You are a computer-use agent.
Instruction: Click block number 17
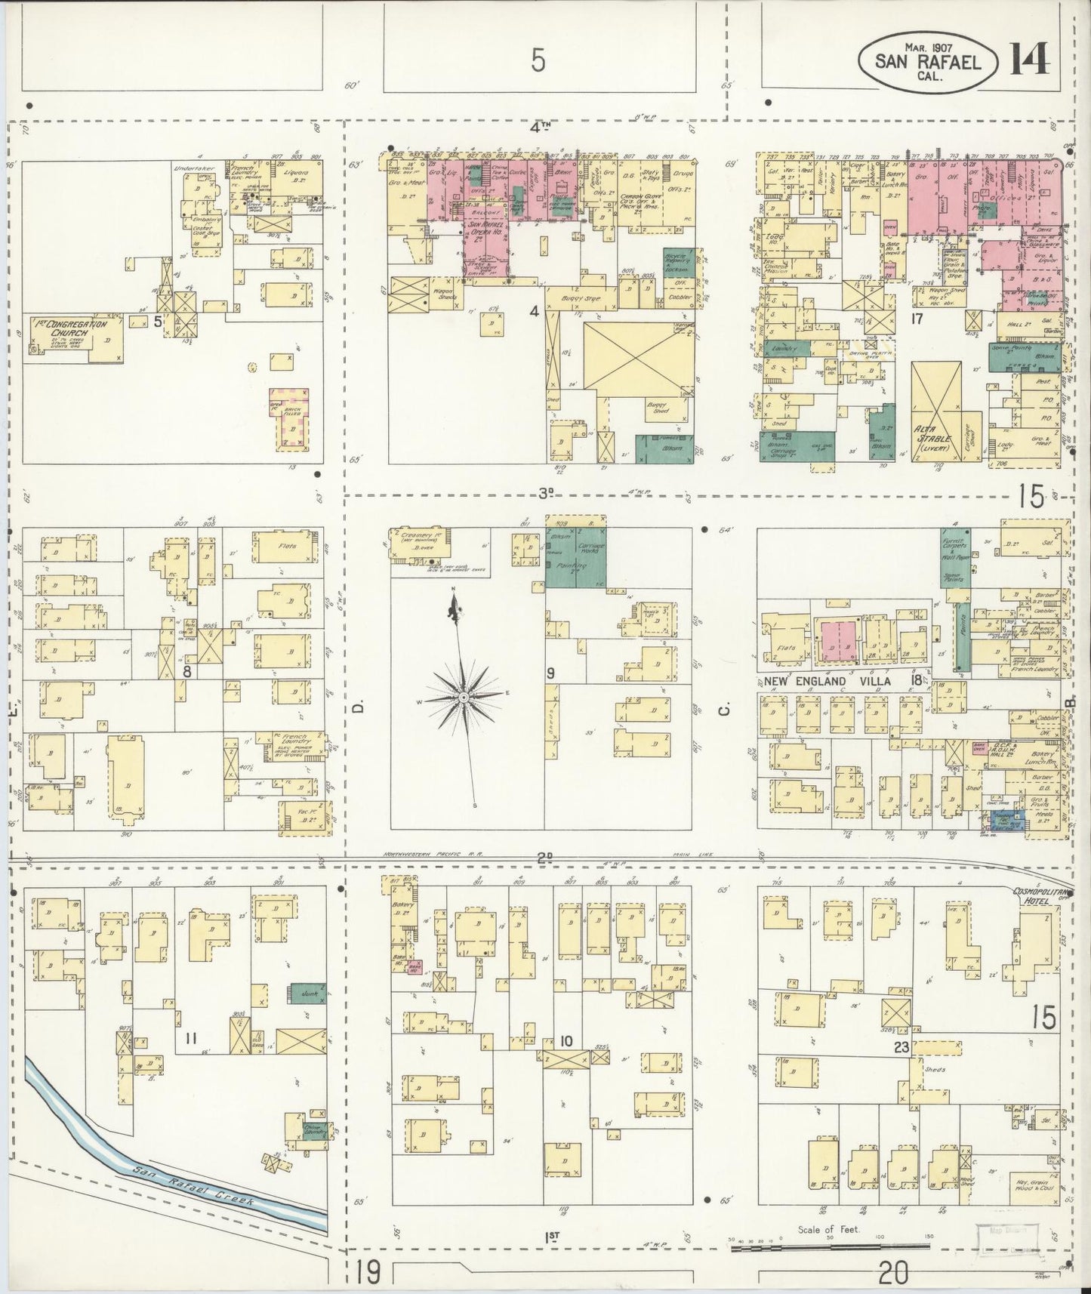(x=917, y=319)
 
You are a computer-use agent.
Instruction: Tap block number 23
(x=900, y=1046)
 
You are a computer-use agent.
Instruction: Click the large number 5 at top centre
(x=537, y=60)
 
